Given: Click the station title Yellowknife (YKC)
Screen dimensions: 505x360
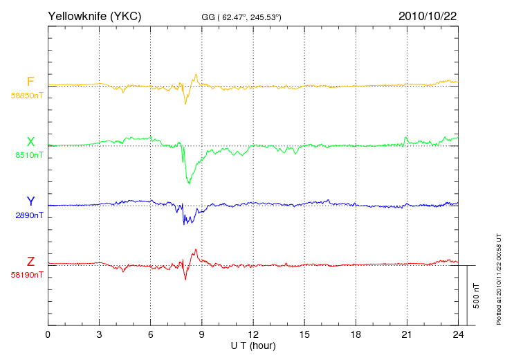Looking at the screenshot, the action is [94, 16].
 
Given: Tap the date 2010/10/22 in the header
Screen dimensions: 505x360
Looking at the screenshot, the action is [428, 16].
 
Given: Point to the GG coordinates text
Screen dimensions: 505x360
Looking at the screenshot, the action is [241, 17].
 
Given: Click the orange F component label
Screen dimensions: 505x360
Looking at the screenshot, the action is [30, 82].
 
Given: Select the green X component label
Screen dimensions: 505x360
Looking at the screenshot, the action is [30, 142].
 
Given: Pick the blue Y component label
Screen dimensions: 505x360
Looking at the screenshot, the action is [30, 201].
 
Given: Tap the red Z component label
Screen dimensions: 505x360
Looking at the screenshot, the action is [30, 262].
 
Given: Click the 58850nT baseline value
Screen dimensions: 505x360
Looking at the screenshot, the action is [27, 96].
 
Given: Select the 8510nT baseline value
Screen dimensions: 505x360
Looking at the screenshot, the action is [29, 155].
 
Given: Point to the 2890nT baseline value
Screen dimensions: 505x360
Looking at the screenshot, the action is [29, 215].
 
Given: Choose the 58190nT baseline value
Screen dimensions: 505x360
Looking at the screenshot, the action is [27, 275].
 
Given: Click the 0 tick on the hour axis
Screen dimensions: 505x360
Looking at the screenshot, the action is [48, 334].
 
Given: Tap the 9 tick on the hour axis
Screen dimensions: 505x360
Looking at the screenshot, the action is [201, 334].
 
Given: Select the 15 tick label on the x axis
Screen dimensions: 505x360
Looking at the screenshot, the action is [304, 334].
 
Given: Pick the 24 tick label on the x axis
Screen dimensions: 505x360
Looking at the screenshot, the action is [458, 334].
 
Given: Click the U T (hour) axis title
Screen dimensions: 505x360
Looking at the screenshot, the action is [253, 346].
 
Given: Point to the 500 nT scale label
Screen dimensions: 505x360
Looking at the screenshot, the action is [477, 296].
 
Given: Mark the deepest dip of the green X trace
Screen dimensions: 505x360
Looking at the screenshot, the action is [189, 183].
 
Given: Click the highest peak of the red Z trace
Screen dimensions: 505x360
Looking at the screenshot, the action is [196, 249].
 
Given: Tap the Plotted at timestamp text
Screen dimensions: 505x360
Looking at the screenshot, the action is [499, 279].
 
